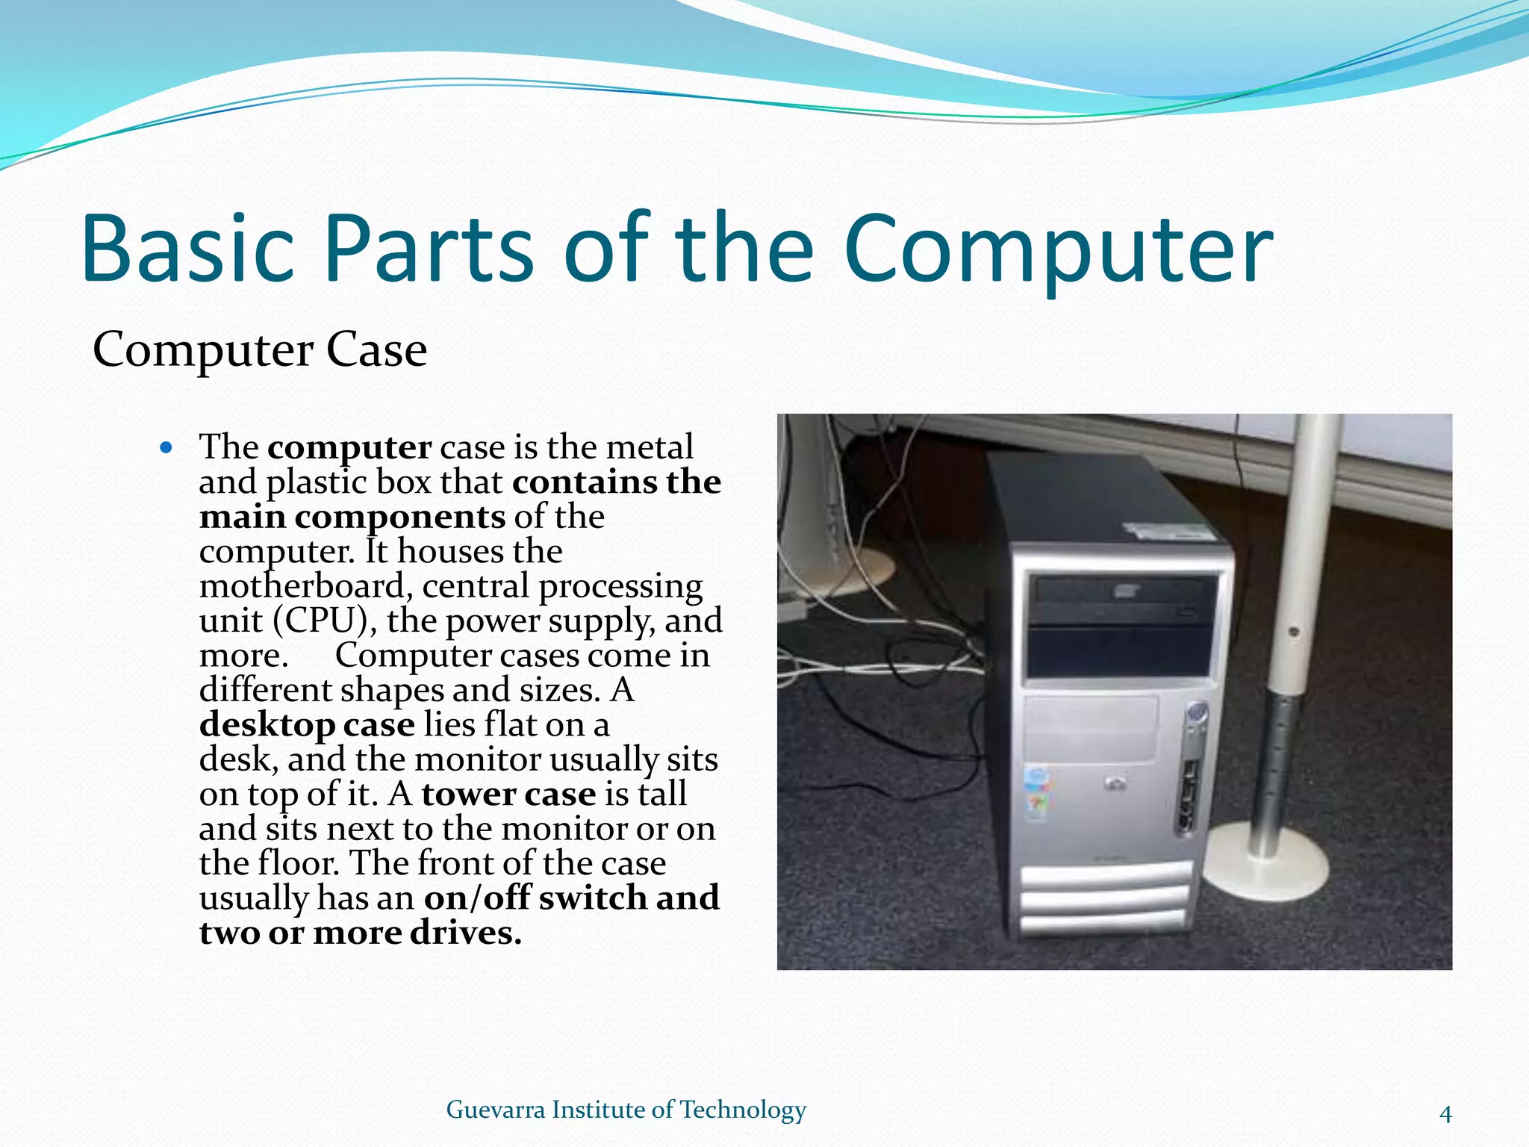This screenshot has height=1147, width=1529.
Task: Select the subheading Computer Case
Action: point(259,349)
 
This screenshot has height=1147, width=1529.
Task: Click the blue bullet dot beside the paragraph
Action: point(166,448)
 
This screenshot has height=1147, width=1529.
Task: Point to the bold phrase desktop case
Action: point(307,724)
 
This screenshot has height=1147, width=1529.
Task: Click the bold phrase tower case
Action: point(508,794)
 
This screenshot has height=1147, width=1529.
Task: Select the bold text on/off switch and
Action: point(572,898)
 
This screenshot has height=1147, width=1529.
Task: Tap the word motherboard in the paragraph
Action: point(302,586)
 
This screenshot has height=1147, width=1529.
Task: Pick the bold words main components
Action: point(352,517)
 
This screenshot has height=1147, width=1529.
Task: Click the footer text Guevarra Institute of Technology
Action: point(626,1110)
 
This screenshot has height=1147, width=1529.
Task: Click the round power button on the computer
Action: point(1197,712)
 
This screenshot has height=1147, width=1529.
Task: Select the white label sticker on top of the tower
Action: point(1165,532)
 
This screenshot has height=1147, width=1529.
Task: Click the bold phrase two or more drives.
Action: point(360,933)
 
